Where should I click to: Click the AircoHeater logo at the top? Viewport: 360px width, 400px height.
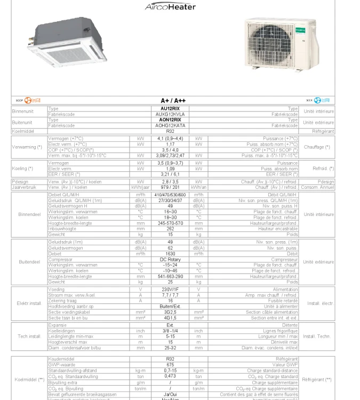pyautogui.click(x=170, y=7)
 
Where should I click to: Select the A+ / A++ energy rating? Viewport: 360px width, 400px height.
pyautogui.click(x=173, y=100)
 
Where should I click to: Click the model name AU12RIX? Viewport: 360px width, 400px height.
pyautogui.click(x=168, y=108)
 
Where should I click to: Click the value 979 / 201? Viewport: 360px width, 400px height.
pyautogui.click(x=168, y=187)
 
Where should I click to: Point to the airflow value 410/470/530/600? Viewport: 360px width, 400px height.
pyautogui.click(x=168, y=195)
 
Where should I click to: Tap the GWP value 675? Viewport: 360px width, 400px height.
pyautogui.click(x=168, y=364)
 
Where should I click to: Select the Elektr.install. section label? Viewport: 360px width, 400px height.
pyautogui.click(x=29, y=303)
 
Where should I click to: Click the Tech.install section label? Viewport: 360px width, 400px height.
pyautogui.click(x=29, y=337)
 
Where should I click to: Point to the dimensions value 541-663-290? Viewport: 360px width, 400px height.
pyautogui.click(x=168, y=276)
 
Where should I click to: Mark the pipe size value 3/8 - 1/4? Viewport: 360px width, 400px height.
pyautogui.click(x=168, y=331)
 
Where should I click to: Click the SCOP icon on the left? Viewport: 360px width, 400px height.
pyautogui.click(x=25, y=100)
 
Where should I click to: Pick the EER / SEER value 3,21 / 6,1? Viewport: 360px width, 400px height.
pyautogui.click(x=168, y=174)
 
